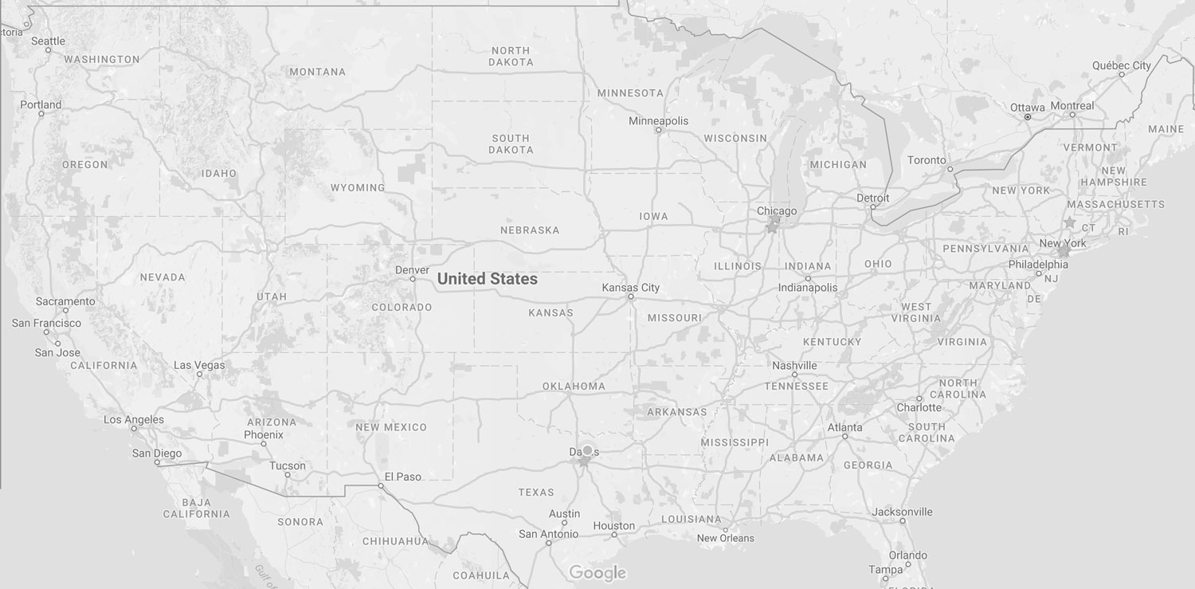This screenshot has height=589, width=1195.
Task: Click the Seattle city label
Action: (48, 41)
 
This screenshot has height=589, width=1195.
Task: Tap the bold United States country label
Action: (487, 279)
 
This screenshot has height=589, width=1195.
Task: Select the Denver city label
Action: (413, 270)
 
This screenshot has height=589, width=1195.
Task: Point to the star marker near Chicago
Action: (771, 227)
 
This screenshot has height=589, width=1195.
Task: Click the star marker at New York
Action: (1064, 251)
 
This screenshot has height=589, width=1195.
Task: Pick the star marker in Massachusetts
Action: (1069, 222)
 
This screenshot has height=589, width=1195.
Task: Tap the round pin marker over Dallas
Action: (587, 450)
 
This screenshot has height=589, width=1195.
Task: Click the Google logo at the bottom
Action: (597, 573)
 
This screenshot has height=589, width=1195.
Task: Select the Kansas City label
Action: (631, 288)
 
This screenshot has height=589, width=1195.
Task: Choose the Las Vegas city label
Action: (199, 366)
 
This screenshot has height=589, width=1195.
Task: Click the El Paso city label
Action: (402, 477)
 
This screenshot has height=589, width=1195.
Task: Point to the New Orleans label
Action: (725, 538)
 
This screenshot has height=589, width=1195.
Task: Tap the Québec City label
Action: (1122, 65)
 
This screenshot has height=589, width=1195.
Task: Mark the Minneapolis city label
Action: (658, 121)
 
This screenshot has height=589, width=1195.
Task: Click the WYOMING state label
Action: (358, 188)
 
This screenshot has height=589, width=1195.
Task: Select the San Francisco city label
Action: (46, 324)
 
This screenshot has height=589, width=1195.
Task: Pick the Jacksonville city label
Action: (902, 512)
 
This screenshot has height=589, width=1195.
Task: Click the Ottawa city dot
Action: (1028, 117)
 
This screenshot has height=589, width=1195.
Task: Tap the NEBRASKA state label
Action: (530, 230)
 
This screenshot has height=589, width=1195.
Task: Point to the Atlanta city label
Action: (844, 427)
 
